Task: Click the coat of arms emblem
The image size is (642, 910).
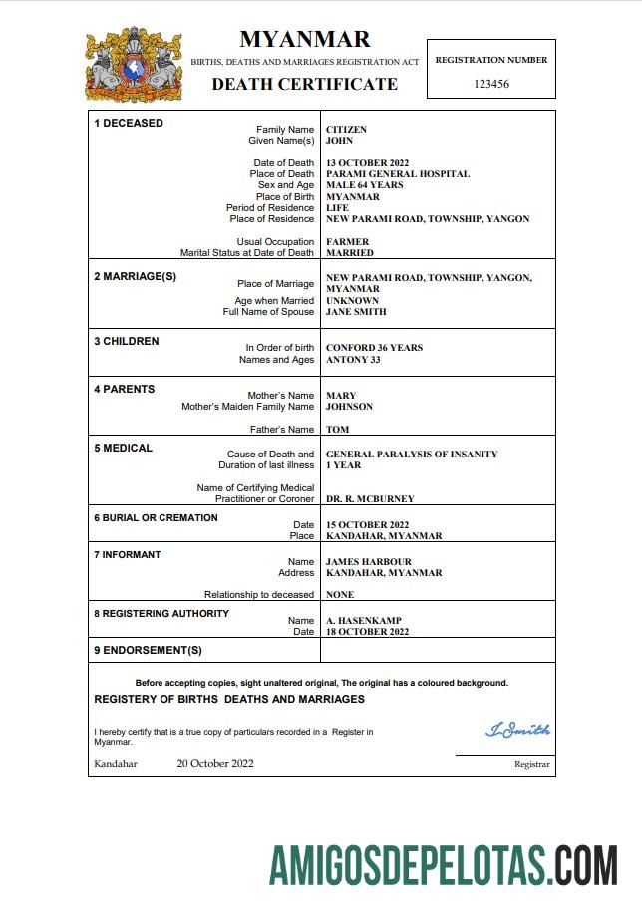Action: click(134, 65)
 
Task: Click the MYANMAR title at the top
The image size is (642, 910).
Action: click(304, 39)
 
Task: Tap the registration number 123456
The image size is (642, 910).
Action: click(490, 84)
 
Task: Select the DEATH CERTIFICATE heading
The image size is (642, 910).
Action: click(304, 84)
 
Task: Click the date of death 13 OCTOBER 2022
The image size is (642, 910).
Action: click(368, 162)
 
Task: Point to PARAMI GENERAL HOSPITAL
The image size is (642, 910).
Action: click(397, 174)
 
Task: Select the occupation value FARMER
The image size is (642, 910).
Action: click(347, 242)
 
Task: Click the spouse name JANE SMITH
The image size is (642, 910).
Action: click(356, 312)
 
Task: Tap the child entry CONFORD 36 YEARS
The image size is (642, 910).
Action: click(374, 348)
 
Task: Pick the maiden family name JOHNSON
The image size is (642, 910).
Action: click(349, 407)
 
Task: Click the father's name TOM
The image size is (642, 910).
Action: click(336, 430)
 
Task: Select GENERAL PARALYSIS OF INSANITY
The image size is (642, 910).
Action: click(412, 455)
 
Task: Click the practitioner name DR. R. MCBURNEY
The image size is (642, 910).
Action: click(370, 498)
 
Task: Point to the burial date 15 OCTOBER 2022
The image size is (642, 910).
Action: click(368, 524)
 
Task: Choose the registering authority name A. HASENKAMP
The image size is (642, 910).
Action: click(363, 621)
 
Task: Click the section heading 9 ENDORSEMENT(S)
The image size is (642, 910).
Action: click(148, 650)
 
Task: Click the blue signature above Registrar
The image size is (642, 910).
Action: click(517, 731)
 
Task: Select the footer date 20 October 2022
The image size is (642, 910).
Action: click(215, 764)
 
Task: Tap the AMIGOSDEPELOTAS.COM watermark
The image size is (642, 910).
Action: click(444, 863)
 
